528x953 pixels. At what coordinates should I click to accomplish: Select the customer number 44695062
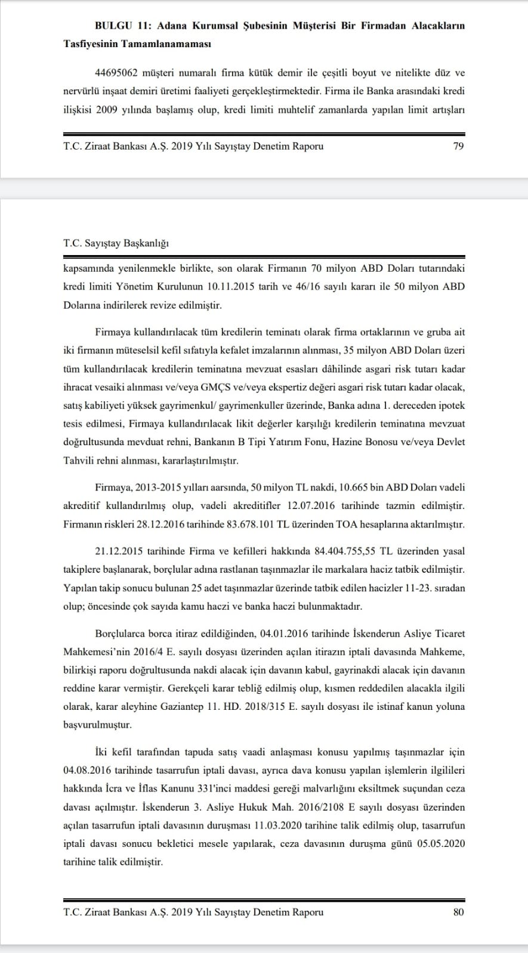(116, 73)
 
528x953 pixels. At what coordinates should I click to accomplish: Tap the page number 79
(458, 146)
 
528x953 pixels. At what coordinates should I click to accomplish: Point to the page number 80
(458, 912)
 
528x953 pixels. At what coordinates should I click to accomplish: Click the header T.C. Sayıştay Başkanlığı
(116, 243)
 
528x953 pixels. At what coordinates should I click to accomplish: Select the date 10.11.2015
(236, 286)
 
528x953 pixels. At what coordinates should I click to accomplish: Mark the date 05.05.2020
(440, 844)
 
